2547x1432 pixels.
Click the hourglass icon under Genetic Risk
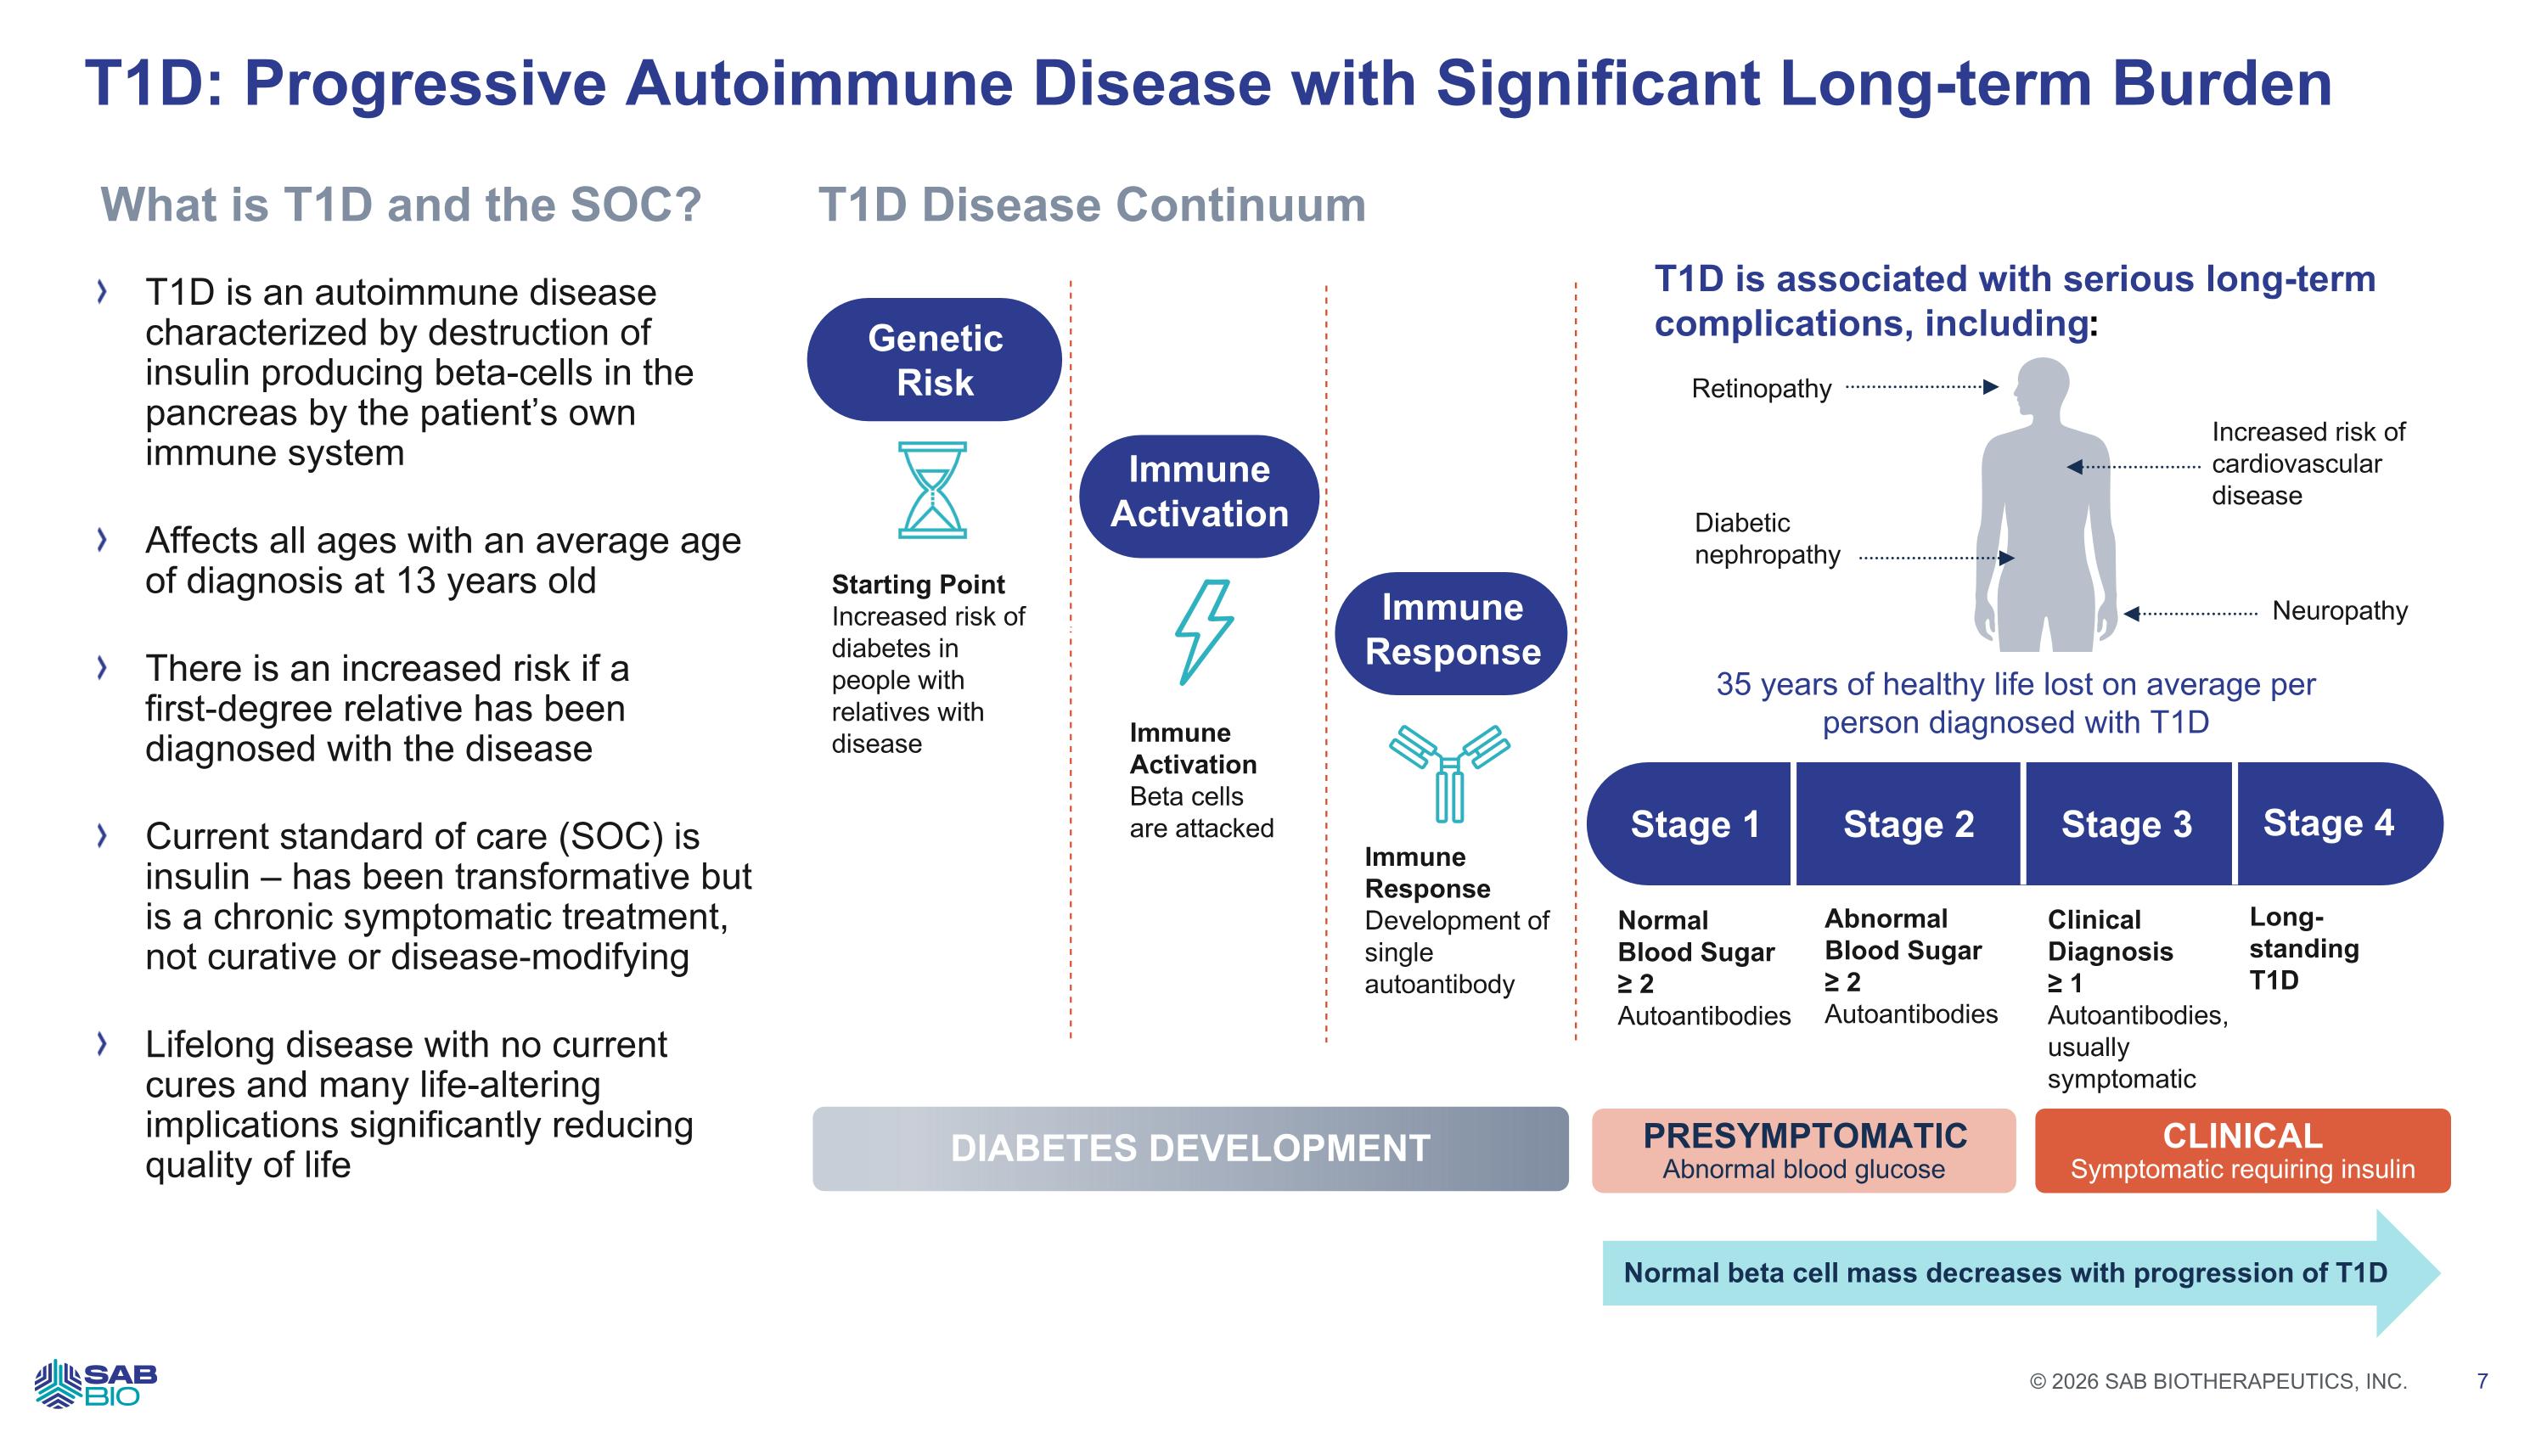click(931, 490)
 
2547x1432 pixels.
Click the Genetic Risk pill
click(935, 360)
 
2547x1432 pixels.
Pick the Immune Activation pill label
click(1198, 492)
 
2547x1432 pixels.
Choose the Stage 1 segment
click(1693, 824)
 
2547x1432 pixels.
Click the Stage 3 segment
click(2126, 824)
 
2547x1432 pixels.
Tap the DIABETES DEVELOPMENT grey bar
click(1189, 1148)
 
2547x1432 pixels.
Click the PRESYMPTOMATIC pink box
click(1803, 1150)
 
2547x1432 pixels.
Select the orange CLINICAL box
click(2242, 1150)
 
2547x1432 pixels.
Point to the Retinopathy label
click(1761, 389)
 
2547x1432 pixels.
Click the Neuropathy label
click(2339, 611)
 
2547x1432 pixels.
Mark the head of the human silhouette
click(2043, 389)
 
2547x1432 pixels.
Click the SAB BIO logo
click(95, 1383)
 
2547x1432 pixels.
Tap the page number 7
click(2482, 1380)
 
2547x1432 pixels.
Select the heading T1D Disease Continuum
click(1092, 205)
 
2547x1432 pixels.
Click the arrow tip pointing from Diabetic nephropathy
click(2008, 559)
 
